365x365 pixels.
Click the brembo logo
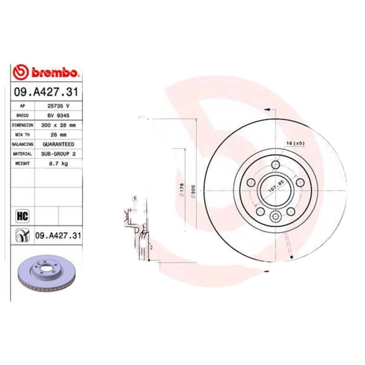[x=47, y=73]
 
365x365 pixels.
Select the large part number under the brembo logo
[x=47, y=92]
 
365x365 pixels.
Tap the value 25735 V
[x=58, y=105]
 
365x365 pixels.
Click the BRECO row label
[x=22, y=115]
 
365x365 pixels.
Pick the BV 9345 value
[x=58, y=115]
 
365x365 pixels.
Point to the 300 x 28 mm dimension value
[x=58, y=125]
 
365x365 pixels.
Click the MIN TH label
[x=22, y=135]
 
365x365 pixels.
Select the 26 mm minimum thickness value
[x=58, y=135]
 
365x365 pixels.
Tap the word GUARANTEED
[x=58, y=144]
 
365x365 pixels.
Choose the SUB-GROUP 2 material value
[x=58, y=154]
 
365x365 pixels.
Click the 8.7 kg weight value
[x=58, y=163]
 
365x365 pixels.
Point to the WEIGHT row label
[x=22, y=163]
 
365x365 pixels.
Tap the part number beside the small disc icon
[x=58, y=235]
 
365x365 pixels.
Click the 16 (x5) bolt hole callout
[x=295, y=144]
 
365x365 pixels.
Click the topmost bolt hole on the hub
[x=275, y=165]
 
